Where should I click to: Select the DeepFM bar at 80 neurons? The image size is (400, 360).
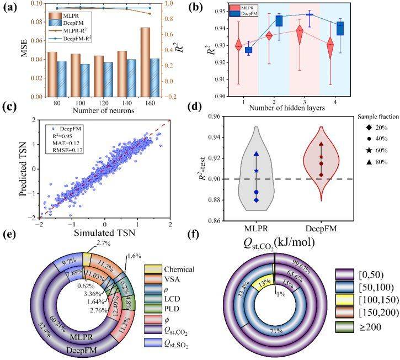(62, 79)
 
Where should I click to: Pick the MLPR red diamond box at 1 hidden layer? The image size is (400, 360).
(238, 46)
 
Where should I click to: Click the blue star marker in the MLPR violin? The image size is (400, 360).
(256, 171)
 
